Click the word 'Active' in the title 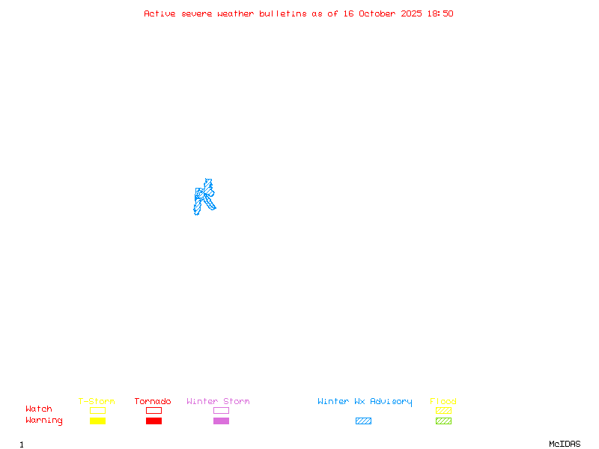159,13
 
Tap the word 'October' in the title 377,13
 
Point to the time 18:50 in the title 440,13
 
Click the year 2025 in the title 411,13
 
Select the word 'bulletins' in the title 283,13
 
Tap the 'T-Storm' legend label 97,402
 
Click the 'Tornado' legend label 153,402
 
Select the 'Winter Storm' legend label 218,402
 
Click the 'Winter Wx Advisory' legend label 365,402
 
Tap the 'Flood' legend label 443,402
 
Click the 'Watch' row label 39,409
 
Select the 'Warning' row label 43,421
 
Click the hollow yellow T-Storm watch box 97,410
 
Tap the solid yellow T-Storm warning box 97,421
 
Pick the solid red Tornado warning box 153,421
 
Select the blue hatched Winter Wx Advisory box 363,421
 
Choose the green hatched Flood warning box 443,421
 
